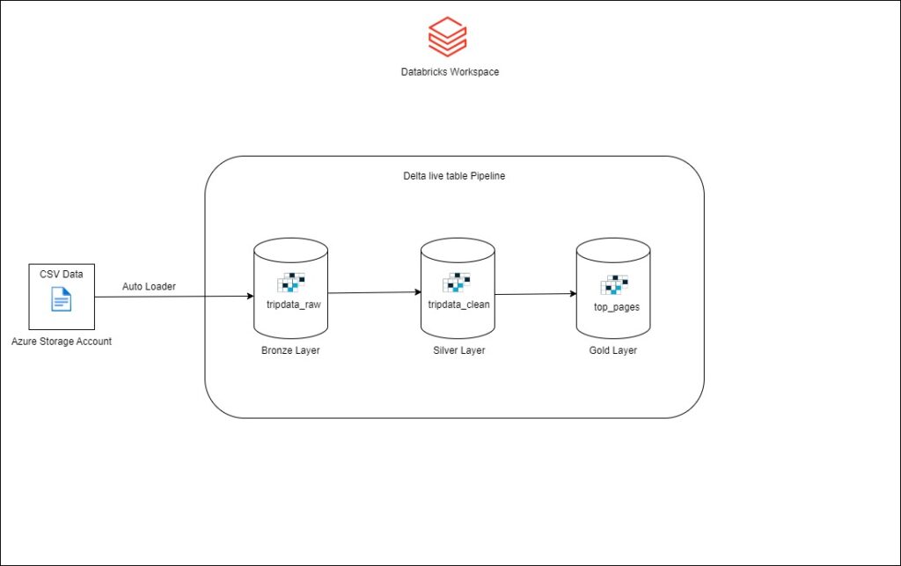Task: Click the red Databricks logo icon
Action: (x=447, y=37)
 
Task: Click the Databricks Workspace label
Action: (x=450, y=71)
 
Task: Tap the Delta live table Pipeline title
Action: (x=454, y=176)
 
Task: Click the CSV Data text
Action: (x=62, y=274)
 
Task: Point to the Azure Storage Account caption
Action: (x=62, y=341)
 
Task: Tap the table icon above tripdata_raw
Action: (x=291, y=283)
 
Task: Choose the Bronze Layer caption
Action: (x=289, y=349)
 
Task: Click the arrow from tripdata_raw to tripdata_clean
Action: (x=374, y=292)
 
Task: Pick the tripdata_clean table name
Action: (x=458, y=304)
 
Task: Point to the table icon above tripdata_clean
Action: (x=458, y=283)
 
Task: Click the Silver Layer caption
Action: (x=458, y=349)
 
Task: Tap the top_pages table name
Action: (x=616, y=306)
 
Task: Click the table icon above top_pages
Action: (x=614, y=284)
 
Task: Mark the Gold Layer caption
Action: (x=613, y=349)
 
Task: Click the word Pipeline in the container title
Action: (x=487, y=176)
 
